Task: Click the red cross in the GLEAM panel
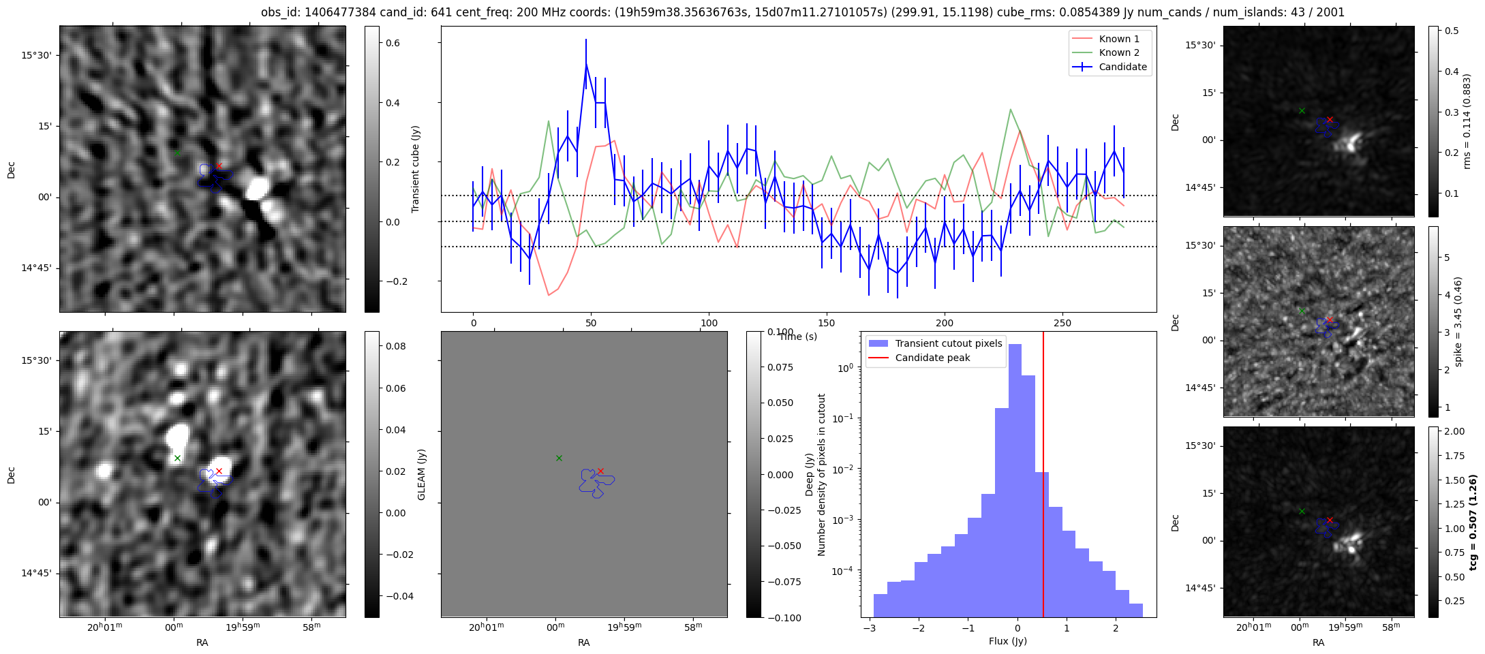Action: pyautogui.click(x=600, y=471)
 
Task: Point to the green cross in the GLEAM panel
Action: pyautogui.click(x=559, y=458)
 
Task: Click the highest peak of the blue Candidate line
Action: pyautogui.click(x=586, y=64)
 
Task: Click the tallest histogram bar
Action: pyautogui.click(x=1015, y=477)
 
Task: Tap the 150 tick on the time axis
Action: pyautogui.click(x=827, y=323)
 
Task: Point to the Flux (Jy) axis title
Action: pyautogui.click(x=1007, y=641)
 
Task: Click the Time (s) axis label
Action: pyautogui.click(x=797, y=337)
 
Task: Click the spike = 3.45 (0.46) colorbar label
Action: pyautogui.click(x=1458, y=322)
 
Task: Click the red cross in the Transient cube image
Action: pyautogui.click(x=219, y=166)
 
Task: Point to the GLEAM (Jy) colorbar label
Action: pyautogui.click(x=421, y=475)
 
